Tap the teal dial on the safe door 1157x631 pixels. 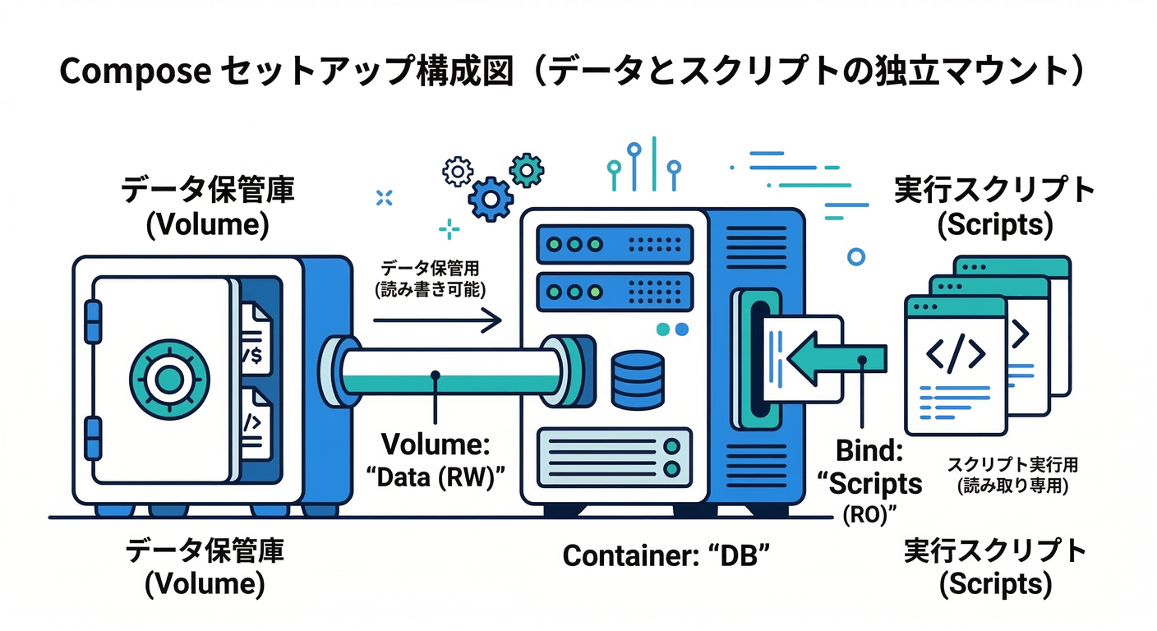[x=168, y=379]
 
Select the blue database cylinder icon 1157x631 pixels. [x=637, y=380]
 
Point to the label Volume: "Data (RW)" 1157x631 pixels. [x=436, y=461]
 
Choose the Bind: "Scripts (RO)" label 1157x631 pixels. [x=874, y=481]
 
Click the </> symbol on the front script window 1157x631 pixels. [x=955, y=352]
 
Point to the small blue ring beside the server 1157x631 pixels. [x=856, y=256]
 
